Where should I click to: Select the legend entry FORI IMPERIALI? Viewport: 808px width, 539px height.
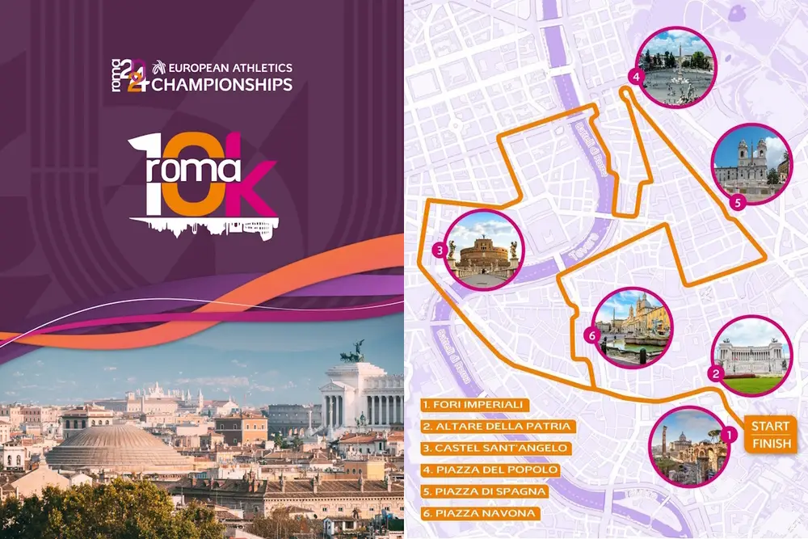tap(477, 404)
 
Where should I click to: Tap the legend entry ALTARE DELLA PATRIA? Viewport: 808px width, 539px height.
tap(499, 426)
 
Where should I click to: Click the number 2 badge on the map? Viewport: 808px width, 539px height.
tap(715, 373)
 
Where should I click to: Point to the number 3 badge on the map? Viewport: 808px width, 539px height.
tap(438, 251)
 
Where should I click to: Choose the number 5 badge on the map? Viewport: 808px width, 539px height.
tap(737, 203)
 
